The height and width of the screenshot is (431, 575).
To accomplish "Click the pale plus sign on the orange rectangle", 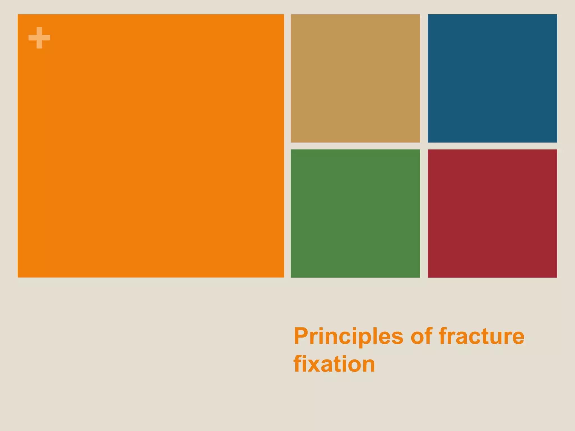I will click(x=39, y=38).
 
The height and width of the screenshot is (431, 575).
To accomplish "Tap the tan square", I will click(x=355, y=78).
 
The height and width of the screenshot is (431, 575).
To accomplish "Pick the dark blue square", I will click(x=492, y=78).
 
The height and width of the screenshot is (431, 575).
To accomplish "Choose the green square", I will click(x=355, y=213).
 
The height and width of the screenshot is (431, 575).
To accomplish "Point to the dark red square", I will click(x=492, y=213).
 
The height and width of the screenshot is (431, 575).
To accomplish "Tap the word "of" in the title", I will click(x=421, y=336).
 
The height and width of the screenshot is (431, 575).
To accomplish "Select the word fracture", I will click(x=481, y=336).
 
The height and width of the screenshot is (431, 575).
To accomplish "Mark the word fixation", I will click(x=334, y=364).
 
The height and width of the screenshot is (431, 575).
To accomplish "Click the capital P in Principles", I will click(x=301, y=336).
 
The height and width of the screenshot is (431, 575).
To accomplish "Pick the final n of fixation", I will click(x=368, y=365).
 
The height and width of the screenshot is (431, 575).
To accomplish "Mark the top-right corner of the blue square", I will click(x=556, y=15).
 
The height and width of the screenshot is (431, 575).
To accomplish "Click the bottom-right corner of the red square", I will click(x=556, y=277).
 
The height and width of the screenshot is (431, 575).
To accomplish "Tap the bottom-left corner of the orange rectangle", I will click(x=18, y=277).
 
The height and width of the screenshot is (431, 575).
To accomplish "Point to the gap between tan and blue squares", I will click(x=424, y=78).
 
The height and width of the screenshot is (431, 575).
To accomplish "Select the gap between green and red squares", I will click(x=424, y=213).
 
